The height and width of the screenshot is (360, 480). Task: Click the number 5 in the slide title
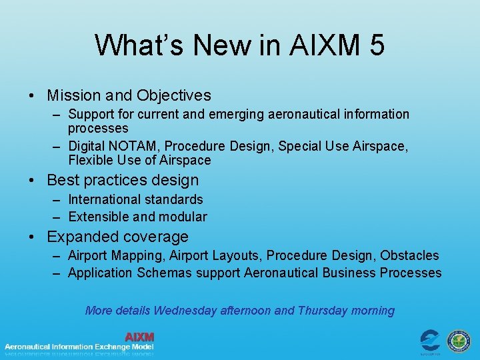pos(375,45)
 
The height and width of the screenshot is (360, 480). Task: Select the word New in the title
pos(213,45)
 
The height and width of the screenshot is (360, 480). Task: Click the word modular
pos(184,217)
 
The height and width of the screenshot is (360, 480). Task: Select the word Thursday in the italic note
pos(323,311)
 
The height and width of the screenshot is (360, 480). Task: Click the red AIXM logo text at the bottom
pos(139,337)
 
